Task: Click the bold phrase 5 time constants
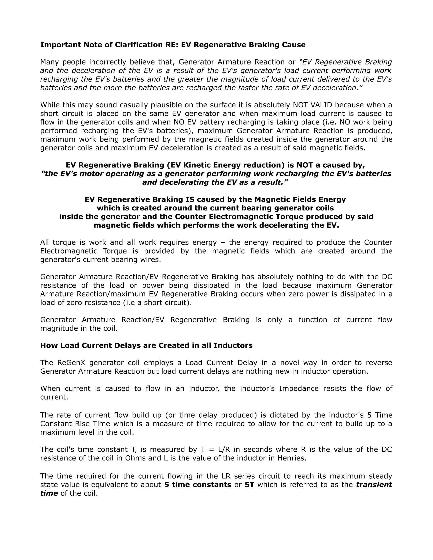(x=198, y=485)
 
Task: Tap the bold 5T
(x=249, y=485)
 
